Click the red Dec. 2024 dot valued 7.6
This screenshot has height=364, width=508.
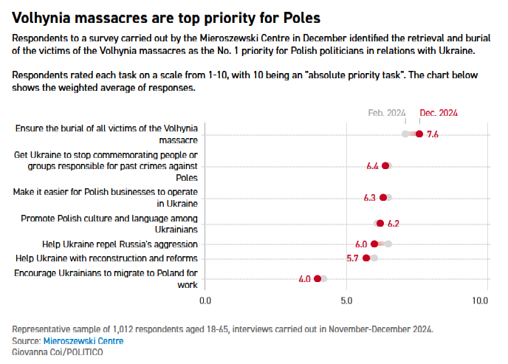point(419,134)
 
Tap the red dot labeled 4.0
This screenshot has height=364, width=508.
point(317,278)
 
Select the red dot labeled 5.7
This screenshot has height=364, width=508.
point(366,258)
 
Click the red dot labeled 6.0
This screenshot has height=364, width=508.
point(374,244)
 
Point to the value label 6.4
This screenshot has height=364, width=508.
point(373,166)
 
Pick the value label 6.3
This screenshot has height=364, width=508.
point(370,198)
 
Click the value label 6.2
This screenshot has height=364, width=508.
point(393,223)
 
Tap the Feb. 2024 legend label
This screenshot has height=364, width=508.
point(387,113)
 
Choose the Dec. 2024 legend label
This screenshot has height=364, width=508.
point(439,113)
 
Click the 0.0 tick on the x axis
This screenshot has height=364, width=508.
point(206,301)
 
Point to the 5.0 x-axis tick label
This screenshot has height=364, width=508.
point(346,301)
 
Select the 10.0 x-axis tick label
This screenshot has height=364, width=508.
point(481,301)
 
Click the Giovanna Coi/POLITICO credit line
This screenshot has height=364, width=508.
point(58,352)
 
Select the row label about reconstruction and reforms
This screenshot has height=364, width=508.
point(106,258)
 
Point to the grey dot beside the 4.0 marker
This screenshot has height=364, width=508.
point(324,278)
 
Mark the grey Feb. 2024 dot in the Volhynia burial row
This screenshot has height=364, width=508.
point(405,134)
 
